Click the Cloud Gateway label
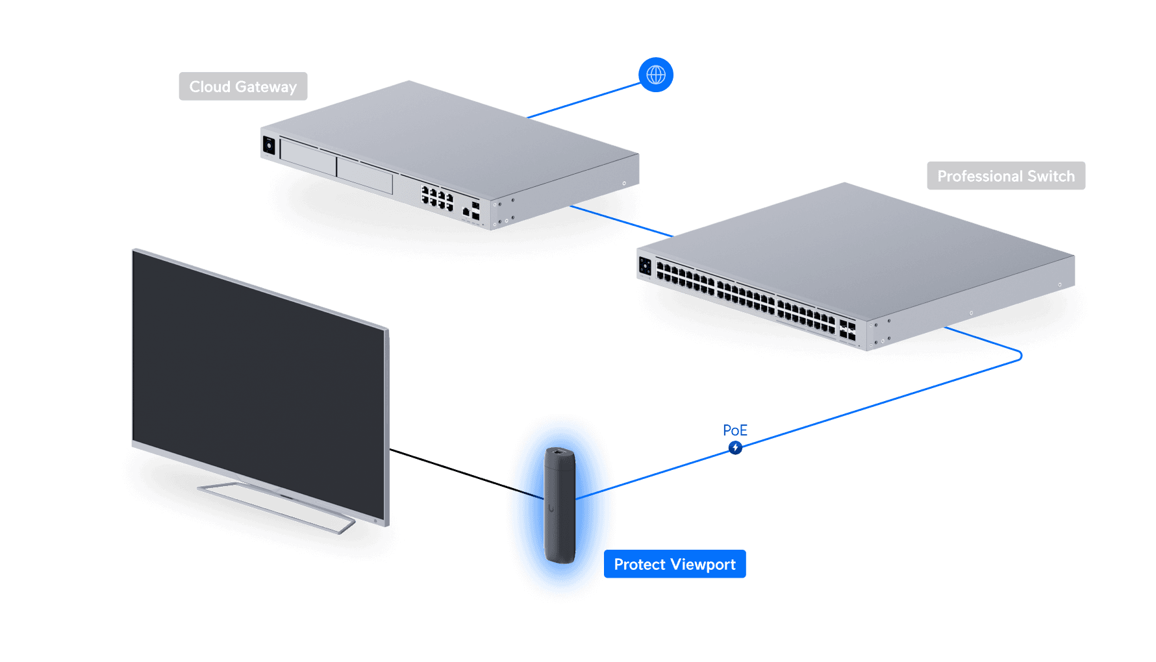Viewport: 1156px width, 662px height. [x=243, y=86]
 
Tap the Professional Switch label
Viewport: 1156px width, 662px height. [x=1005, y=176]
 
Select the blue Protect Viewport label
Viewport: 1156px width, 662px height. [x=675, y=565]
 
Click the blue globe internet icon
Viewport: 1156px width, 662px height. [x=656, y=75]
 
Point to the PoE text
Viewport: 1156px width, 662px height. [x=735, y=430]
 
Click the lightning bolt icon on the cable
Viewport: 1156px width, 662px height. [x=735, y=448]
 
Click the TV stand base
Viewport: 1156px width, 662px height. [x=276, y=506]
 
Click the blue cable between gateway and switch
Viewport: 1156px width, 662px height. [x=620, y=221]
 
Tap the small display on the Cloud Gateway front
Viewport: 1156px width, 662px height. [x=269, y=145]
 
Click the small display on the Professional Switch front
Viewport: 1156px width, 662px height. [x=645, y=265]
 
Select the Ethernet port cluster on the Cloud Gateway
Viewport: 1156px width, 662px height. [x=437, y=199]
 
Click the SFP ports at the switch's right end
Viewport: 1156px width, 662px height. [x=848, y=329]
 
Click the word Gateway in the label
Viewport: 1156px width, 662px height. [x=266, y=86]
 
